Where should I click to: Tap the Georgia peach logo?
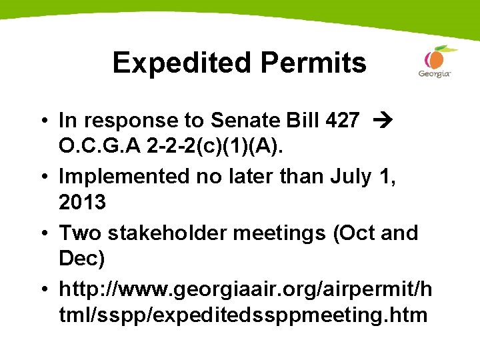pos(435,61)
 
